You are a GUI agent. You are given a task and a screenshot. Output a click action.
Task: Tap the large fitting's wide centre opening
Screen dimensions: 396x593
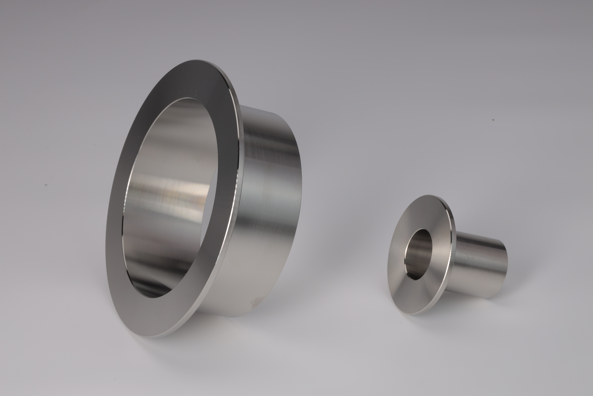pyautogui.click(x=171, y=197)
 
